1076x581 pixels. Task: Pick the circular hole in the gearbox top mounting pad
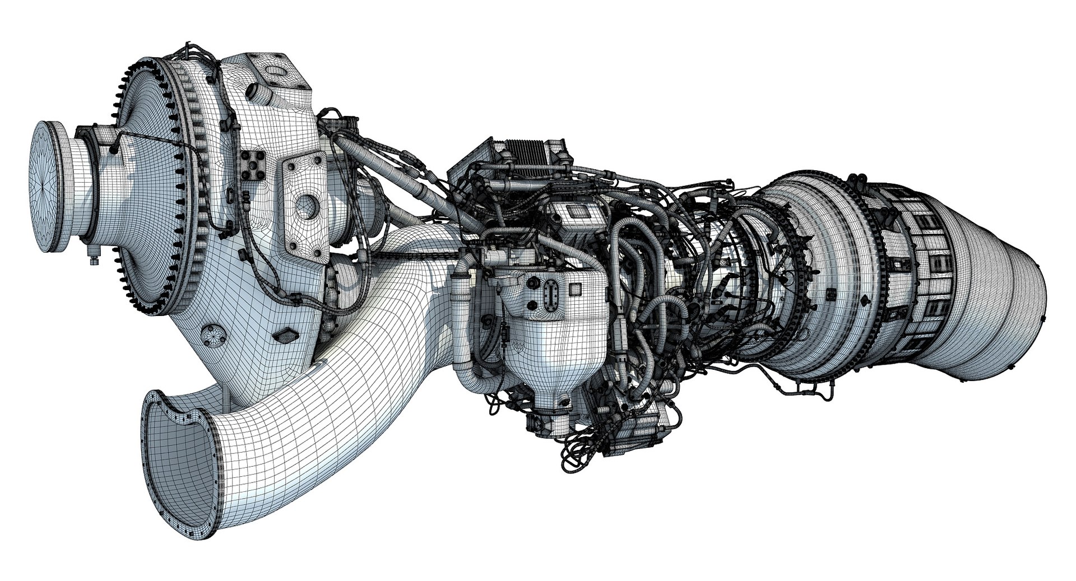[x=275, y=71]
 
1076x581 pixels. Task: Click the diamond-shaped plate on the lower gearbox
[x=286, y=336]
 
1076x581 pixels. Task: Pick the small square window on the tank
[x=575, y=290]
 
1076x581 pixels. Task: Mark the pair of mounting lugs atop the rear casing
[x=856, y=182]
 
